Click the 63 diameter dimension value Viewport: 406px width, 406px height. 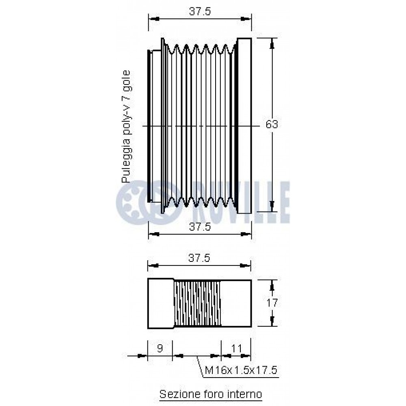coord(272,125)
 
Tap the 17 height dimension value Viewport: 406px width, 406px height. coord(272,302)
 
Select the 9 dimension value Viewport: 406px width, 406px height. coord(160,348)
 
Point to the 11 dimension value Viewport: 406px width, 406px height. coord(236,348)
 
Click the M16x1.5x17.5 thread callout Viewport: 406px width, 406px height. coord(241,370)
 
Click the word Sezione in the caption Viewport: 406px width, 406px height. coord(177,394)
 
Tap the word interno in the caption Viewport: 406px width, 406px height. coord(245,394)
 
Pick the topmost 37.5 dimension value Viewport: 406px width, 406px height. coord(200,11)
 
